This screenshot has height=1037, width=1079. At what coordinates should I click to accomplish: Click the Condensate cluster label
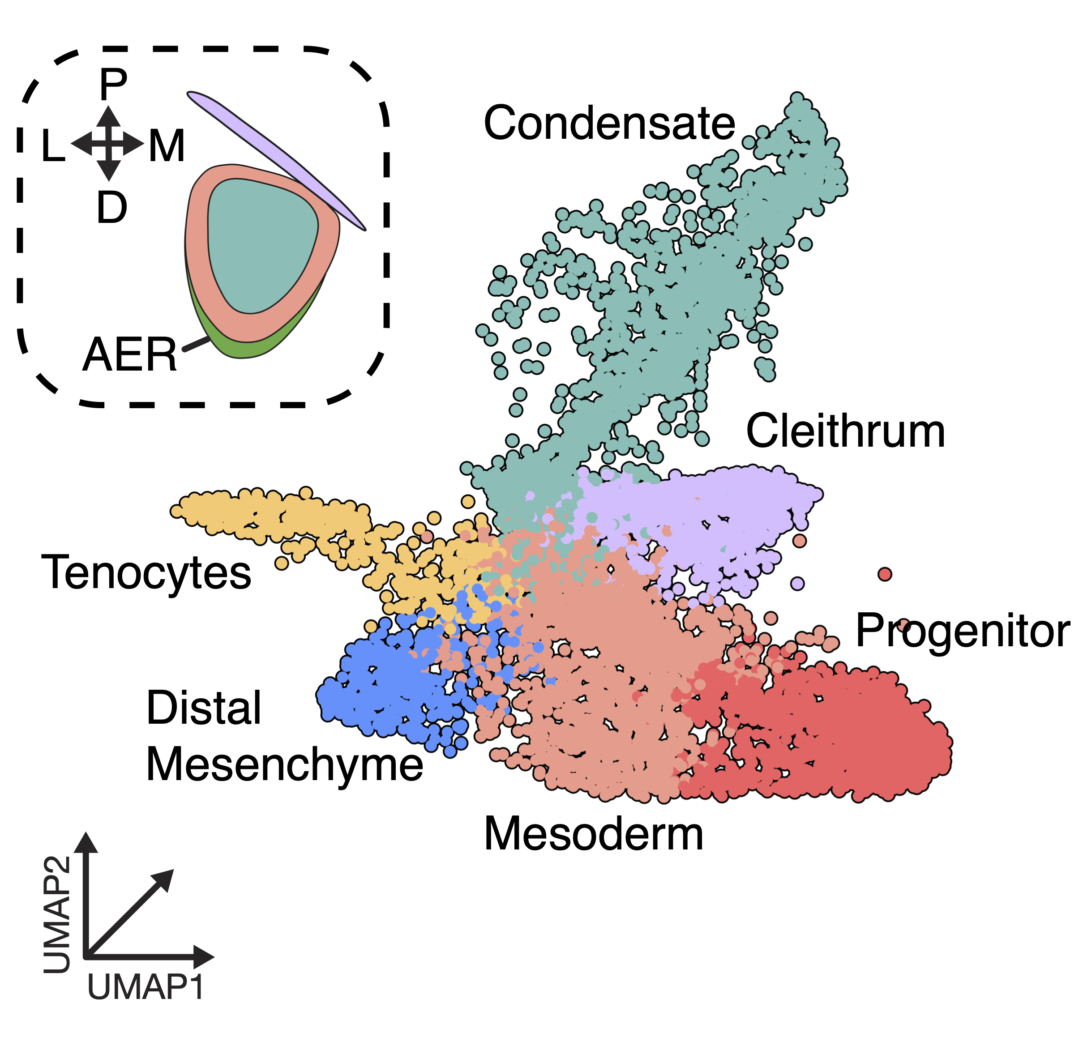(609, 123)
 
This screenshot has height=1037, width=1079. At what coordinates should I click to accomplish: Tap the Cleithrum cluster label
(845, 431)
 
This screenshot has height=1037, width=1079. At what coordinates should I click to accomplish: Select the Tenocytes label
(146, 573)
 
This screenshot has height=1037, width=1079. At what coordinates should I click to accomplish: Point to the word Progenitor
(962, 632)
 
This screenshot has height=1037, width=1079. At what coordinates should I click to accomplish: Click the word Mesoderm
(594, 834)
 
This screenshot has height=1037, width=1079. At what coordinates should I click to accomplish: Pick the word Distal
(204, 708)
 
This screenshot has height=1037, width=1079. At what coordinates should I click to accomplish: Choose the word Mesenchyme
(285, 765)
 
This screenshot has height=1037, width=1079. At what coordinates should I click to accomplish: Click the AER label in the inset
(130, 355)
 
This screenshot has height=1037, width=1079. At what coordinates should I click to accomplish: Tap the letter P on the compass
(113, 84)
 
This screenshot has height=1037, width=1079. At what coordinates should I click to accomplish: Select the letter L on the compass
(53, 146)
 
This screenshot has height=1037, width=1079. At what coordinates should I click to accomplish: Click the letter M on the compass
(167, 146)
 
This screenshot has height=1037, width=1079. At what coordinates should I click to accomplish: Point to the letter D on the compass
(112, 208)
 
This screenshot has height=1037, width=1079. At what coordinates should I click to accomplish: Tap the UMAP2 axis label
(57, 914)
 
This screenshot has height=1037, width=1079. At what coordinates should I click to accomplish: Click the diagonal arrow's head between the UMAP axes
(165, 879)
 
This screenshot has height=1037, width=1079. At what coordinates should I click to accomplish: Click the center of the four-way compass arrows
(109, 144)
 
